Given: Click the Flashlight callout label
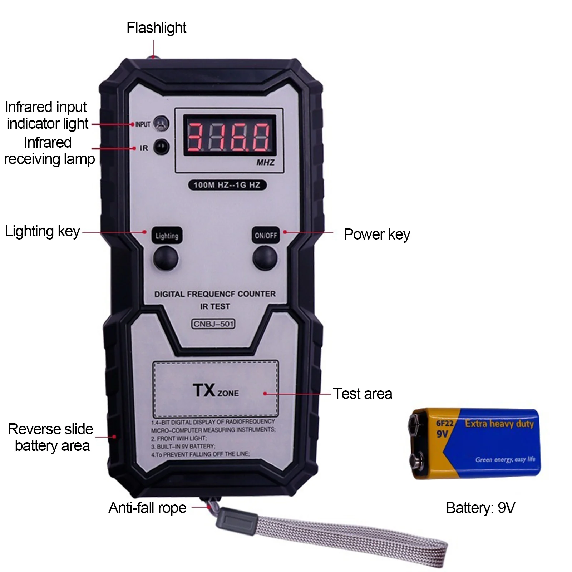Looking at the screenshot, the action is (x=156, y=28).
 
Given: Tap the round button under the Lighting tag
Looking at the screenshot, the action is (x=166, y=258).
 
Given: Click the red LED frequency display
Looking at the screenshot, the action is (x=230, y=135).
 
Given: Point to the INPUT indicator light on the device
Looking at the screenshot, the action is (x=161, y=124).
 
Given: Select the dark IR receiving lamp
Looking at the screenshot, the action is (x=161, y=147).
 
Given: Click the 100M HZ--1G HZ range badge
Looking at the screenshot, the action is (x=227, y=185).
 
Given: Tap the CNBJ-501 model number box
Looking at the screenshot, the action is (x=213, y=324).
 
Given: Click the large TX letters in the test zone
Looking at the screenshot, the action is (x=204, y=390).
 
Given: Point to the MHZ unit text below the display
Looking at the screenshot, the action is (x=265, y=163).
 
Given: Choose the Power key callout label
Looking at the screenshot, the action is (x=377, y=235).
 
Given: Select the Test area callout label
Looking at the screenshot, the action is (x=363, y=394).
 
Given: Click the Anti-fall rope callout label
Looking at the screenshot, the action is (x=147, y=508).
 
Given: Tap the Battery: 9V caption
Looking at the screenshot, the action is (x=480, y=508).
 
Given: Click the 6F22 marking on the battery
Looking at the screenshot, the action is (x=444, y=424).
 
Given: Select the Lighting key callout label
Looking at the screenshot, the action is (x=42, y=232).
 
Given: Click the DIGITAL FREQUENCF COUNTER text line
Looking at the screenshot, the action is (x=215, y=294).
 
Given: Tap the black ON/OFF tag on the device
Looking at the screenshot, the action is (x=266, y=235).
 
